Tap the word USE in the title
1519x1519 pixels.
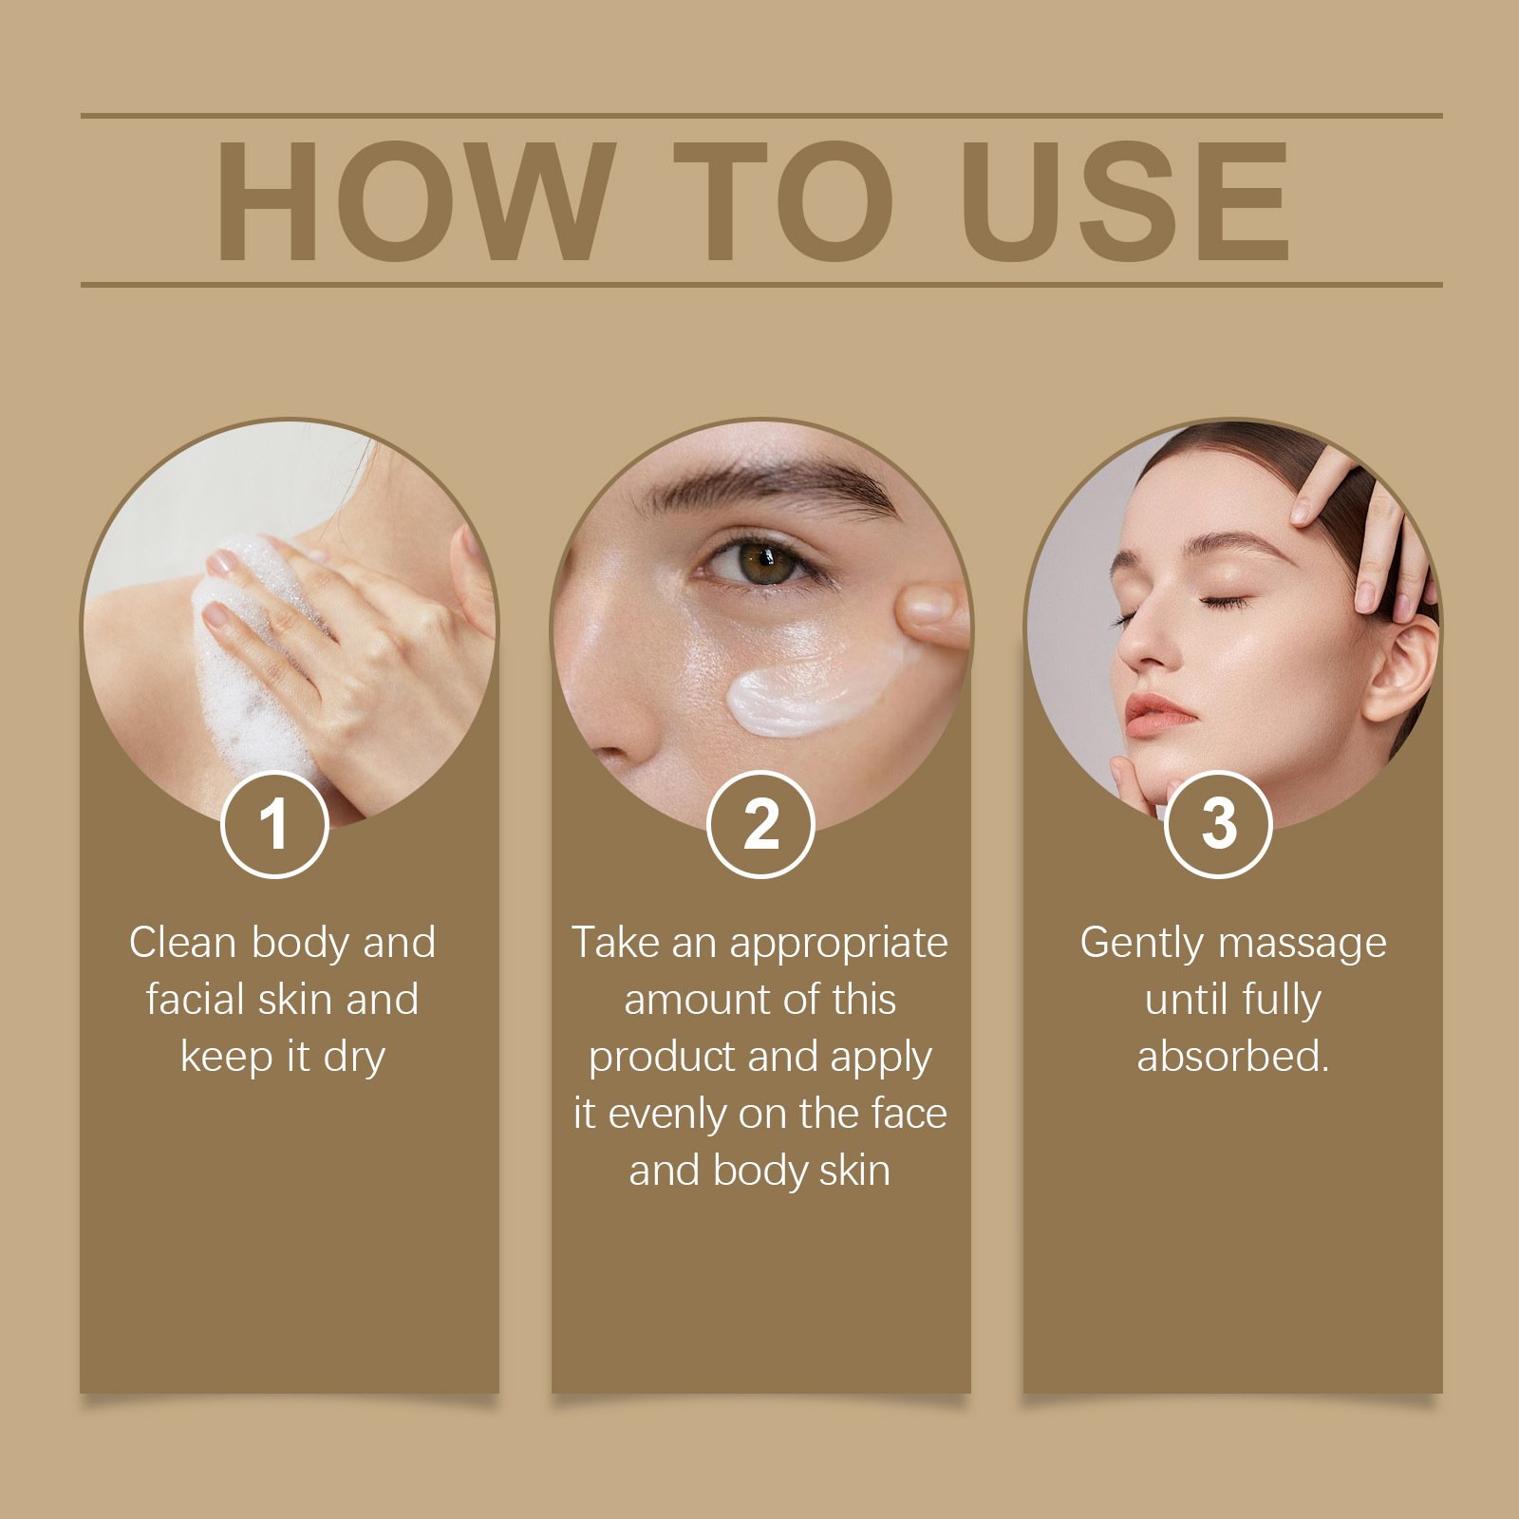click(x=1125, y=200)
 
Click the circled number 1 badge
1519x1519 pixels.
click(x=274, y=824)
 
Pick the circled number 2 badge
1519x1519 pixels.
click(x=760, y=824)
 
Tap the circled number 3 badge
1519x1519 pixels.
click(x=1218, y=824)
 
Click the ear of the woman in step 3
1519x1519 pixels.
click(x=1401, y=669)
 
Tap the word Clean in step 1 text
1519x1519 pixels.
click(x=182, y=943)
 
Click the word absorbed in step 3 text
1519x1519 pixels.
click(x=1232, y=1057)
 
